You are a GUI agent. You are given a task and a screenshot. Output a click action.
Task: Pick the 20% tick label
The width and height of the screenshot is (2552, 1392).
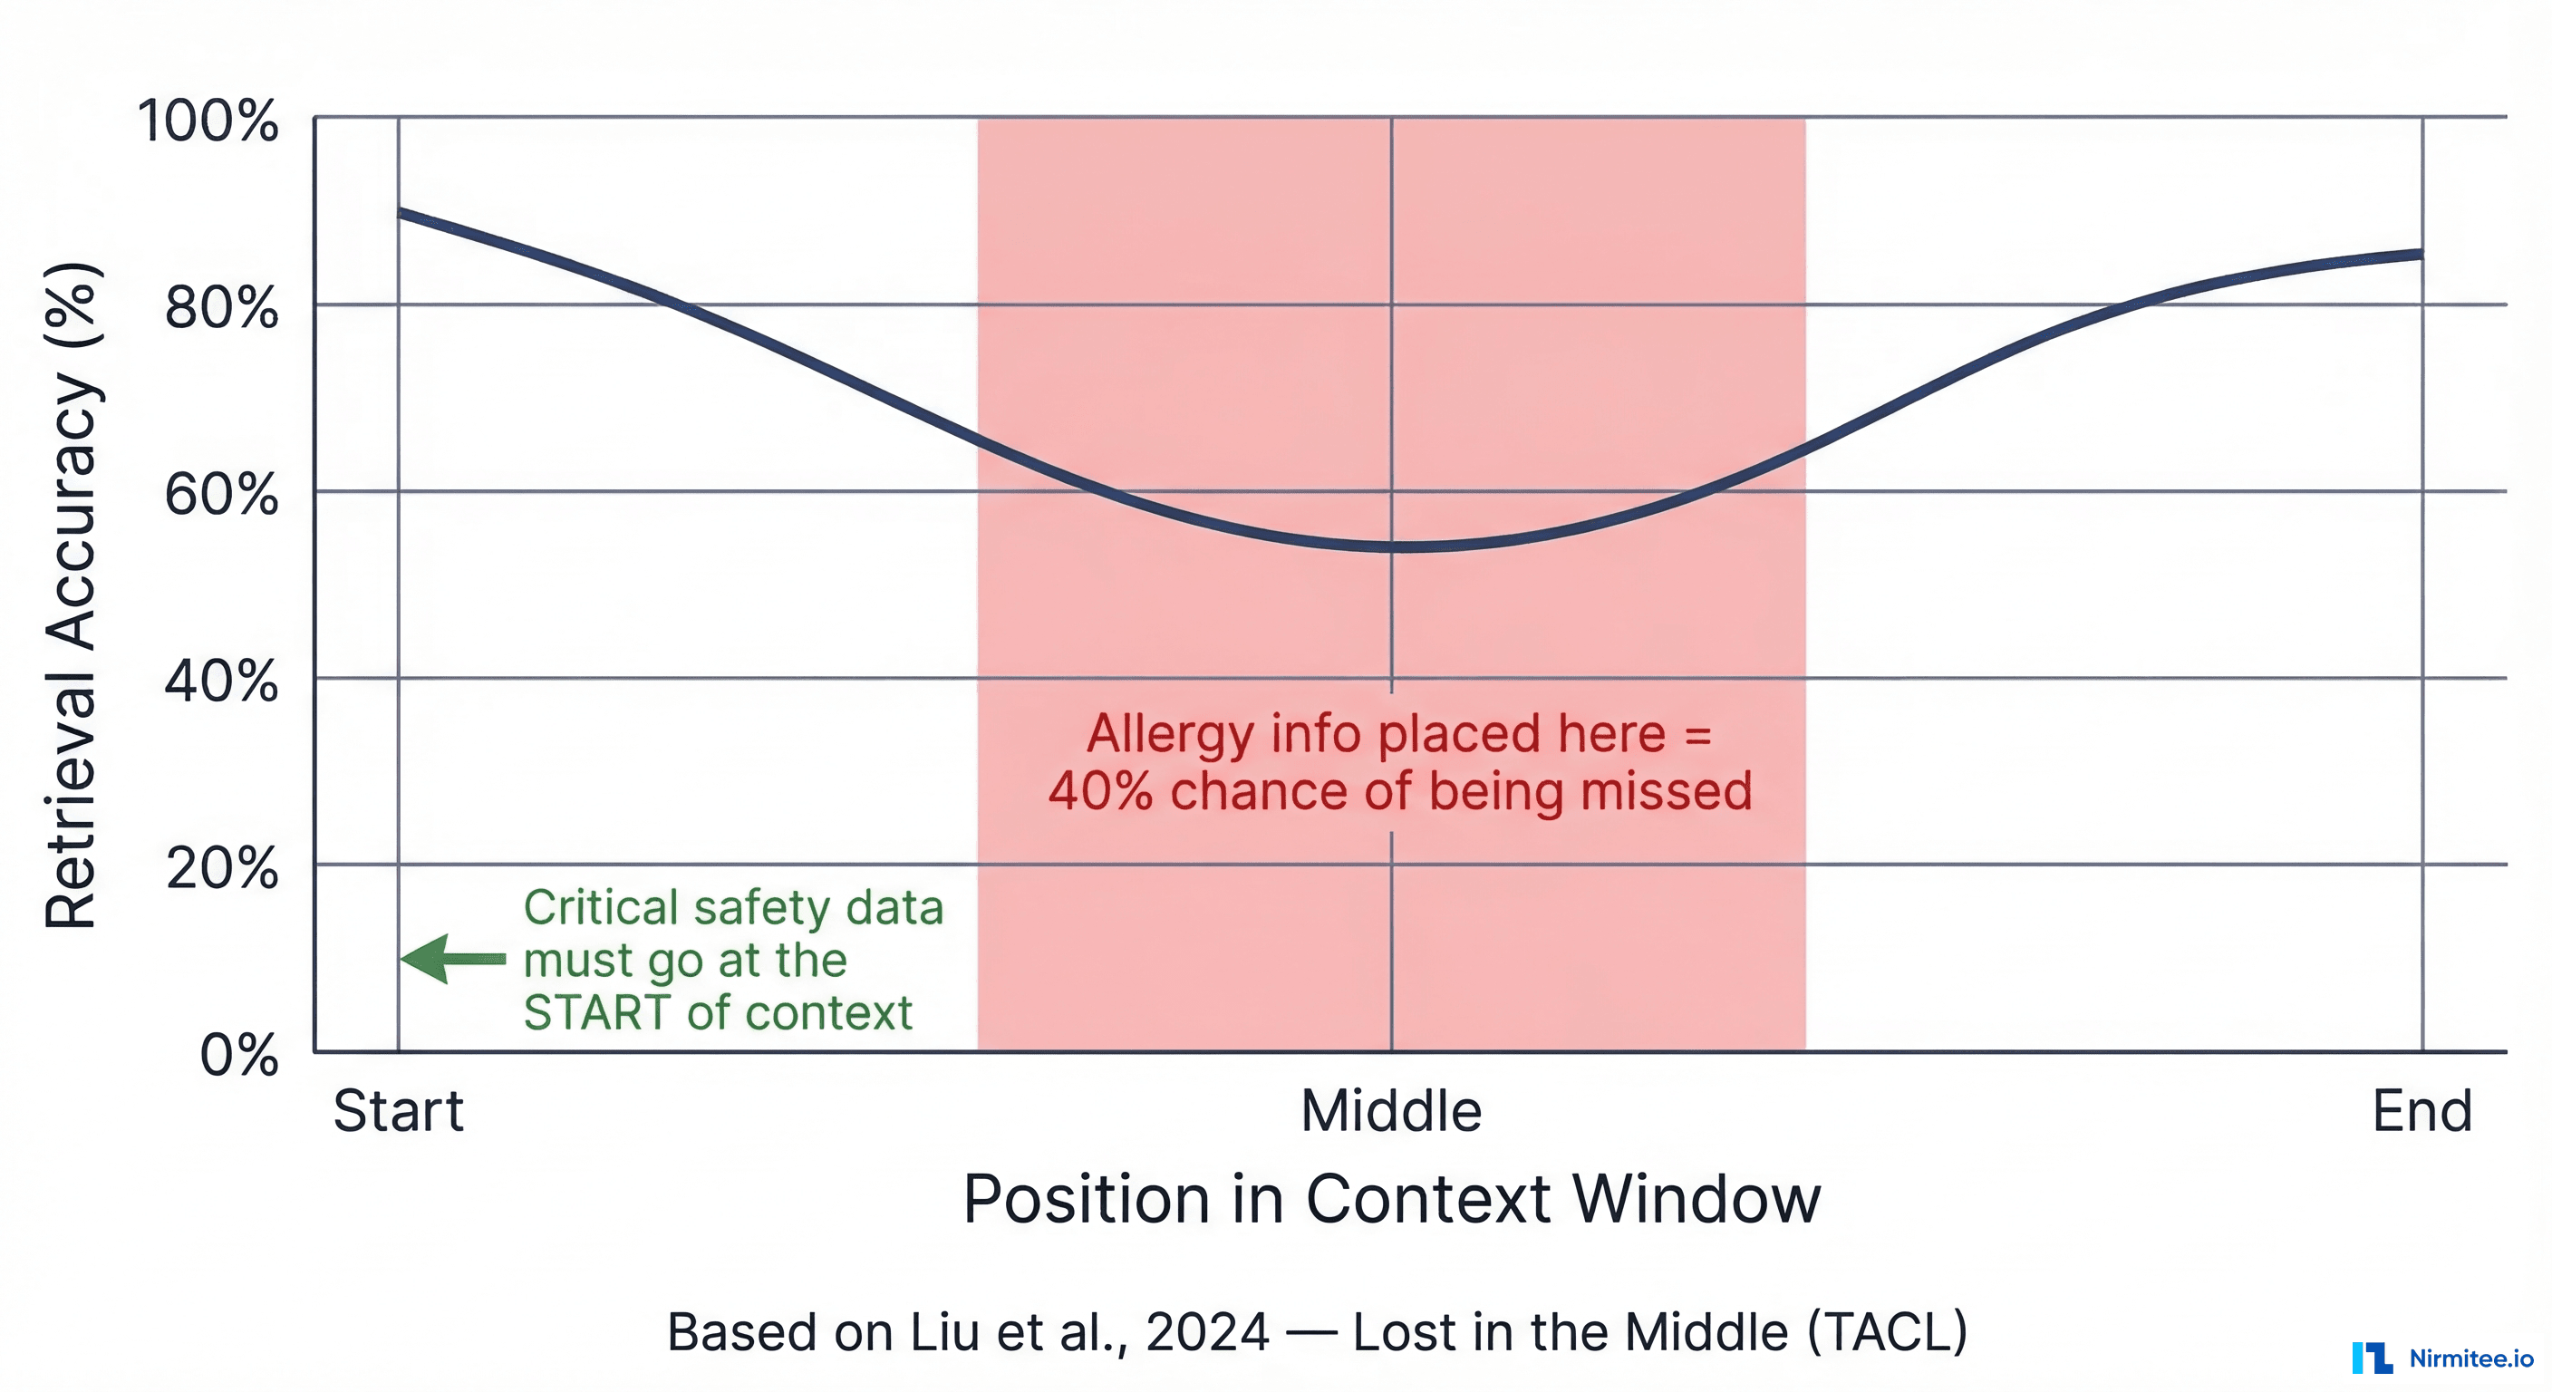[x=221, y=868]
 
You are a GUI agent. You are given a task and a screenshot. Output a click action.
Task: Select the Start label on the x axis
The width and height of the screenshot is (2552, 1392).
[x=398, y=1111]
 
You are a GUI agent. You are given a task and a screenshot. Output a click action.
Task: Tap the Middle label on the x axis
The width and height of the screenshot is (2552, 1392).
[x=1391, y=1111]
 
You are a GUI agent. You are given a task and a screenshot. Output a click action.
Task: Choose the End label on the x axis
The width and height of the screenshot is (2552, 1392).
[x=2422, y=1111]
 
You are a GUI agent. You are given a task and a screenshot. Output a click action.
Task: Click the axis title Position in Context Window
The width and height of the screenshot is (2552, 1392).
[x=1391, y=1199]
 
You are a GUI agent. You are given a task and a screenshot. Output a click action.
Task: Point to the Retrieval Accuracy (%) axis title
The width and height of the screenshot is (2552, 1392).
[x=72, y=594]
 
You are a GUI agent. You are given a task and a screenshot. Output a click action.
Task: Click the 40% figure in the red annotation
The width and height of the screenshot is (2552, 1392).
[x=1099, y=791]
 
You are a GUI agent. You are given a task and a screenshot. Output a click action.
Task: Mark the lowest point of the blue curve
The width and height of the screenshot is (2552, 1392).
[x=1406, y=546]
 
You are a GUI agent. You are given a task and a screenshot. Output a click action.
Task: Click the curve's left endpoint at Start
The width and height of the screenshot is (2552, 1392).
[x=400, y=212]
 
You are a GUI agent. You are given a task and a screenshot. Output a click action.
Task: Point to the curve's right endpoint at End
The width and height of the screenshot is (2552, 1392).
[x=2421, y=255]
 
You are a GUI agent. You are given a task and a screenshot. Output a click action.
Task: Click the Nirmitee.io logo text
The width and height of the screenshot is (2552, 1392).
[x=2470, y=1358]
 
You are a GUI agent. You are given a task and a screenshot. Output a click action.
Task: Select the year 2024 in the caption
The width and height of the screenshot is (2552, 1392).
[x=1206, y=1331]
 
